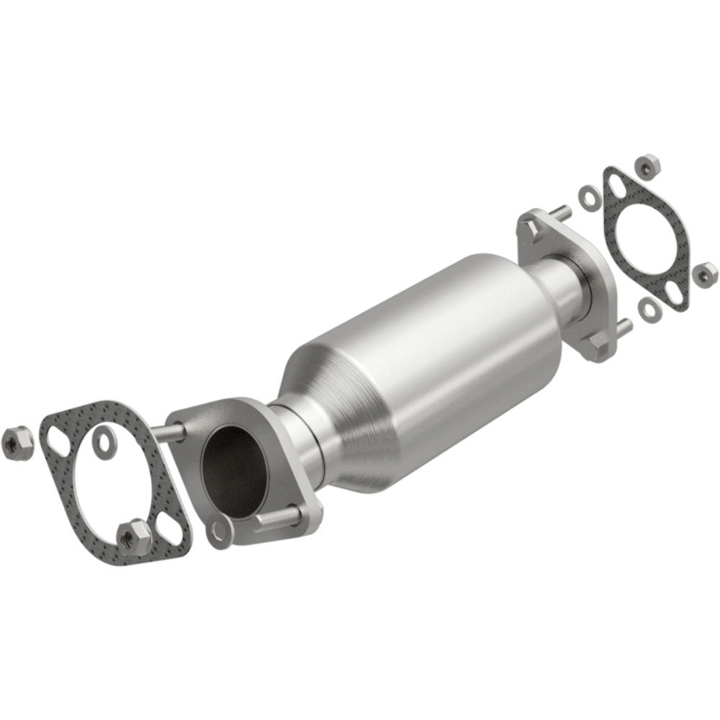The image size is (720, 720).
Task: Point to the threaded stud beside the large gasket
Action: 170,431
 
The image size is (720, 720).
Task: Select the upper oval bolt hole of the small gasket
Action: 616,186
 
